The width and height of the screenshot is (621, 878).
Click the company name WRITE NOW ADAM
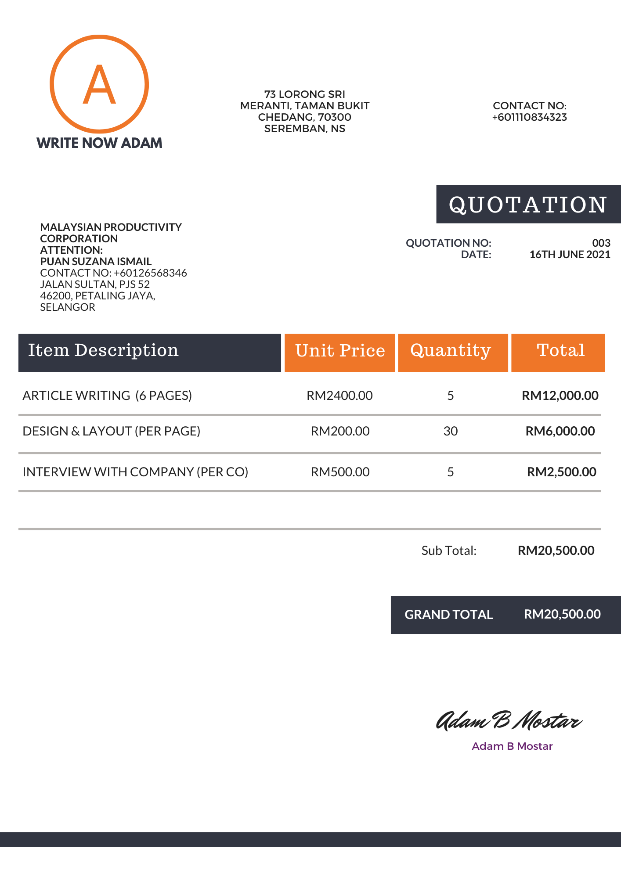pos(99,143)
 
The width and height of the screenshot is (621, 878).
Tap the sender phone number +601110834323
pos(529,117)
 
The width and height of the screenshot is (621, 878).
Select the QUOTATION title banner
pos(528,205)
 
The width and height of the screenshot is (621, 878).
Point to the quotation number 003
pos(601,243)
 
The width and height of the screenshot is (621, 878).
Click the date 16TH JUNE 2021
pos(570,255)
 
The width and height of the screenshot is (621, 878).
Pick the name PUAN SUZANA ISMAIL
pos(96,262)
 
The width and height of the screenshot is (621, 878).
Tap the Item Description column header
pos(104,351)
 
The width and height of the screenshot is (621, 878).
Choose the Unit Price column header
pos(339,351)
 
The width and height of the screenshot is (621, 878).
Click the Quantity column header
pos(451,351)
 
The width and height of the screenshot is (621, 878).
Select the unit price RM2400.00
pos(339,396)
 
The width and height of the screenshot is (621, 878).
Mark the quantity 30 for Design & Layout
pos(451,431)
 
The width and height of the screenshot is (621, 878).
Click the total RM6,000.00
pos(560,431)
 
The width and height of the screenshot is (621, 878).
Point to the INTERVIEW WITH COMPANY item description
pos(135,472)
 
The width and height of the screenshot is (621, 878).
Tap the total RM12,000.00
pos(560,396)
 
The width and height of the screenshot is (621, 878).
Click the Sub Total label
pos(449,551)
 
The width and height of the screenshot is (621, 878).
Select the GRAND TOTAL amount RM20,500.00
pos(562,614)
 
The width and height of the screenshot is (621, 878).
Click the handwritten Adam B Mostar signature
pos(509,721)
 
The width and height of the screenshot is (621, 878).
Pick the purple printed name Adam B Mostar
pos(512,746)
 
